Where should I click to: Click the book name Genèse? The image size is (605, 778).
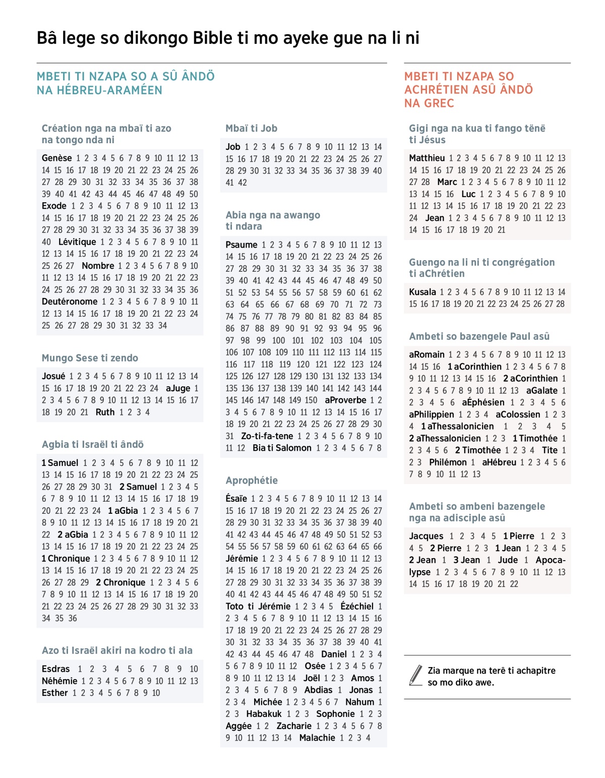point(57,158)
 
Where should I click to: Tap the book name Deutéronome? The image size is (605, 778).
point(70,302)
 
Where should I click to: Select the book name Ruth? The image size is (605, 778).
point(105,412)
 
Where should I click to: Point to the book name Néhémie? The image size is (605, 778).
point(59,681)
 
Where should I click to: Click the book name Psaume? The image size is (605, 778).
point(241,245)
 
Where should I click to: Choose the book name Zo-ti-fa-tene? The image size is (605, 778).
point(267,436)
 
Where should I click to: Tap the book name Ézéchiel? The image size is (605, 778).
point(357,607)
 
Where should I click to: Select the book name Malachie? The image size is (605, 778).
point(317,738)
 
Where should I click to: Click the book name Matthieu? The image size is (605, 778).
point(427,158)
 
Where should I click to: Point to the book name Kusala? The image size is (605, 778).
point(422,292)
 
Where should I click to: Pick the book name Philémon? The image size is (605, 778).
point(448,462)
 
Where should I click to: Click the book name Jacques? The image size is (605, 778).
point(426,536)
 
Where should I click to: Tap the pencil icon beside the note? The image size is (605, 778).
point(416,676)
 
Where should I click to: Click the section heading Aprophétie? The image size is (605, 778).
point(252,481)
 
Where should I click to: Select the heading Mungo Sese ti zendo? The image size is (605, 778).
point(90,358)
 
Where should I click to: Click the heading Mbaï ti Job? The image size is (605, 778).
point(251,129)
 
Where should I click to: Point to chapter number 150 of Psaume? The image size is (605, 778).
point(311,400)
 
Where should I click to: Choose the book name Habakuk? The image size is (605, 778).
point(264,714)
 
